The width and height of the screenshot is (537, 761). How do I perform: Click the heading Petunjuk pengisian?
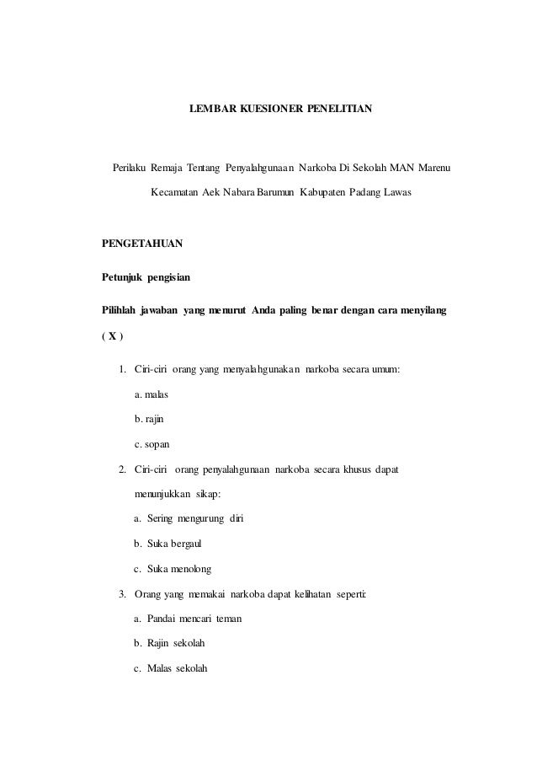[x=146, y=276]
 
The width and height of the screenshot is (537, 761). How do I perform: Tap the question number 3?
[x=123, y=598]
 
